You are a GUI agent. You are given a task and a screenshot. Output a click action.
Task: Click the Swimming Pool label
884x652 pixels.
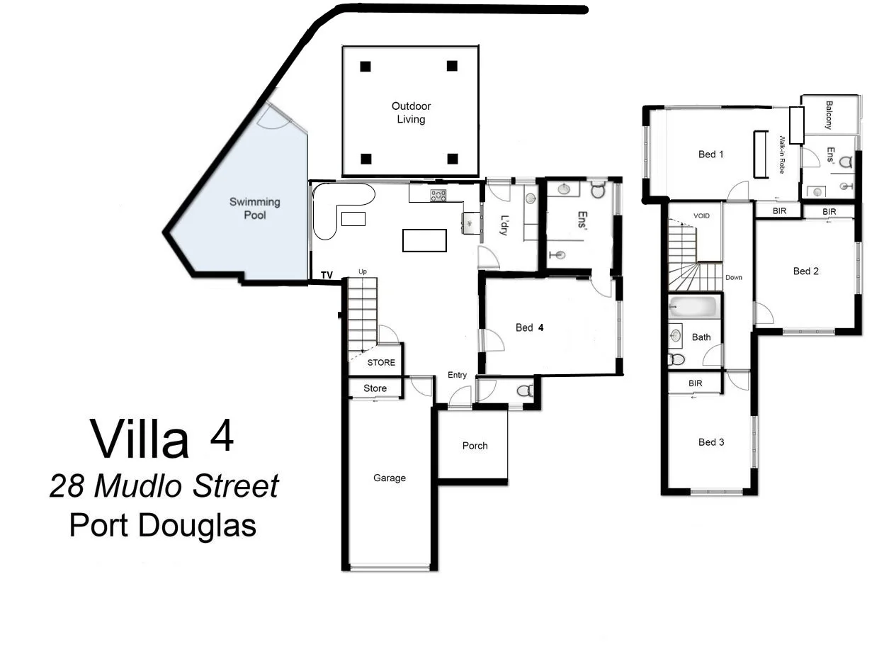click(x=254, y=208)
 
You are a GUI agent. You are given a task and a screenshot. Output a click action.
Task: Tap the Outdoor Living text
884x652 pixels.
click(x=411, y=113)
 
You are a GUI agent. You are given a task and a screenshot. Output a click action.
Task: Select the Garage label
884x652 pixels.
click(x=390, y=478)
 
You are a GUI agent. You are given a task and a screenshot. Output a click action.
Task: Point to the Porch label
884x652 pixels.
click(x=475, y=446)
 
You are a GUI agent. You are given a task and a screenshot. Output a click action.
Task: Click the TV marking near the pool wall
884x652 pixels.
click(x=327, y=275)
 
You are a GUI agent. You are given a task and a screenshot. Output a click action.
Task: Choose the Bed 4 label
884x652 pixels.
click(x=529, y=327)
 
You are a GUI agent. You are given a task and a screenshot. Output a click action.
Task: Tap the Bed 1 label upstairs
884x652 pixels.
click(x=710, y=154)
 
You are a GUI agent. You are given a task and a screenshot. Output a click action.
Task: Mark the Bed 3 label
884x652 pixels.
click(x=711, y=442)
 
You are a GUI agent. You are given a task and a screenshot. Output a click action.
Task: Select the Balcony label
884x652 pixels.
click(x=828, y=115)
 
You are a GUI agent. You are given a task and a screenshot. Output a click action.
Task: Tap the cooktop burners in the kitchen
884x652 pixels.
click(x=438, y=196)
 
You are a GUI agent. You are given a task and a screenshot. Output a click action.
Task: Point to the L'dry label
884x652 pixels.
click(x=504, y=225)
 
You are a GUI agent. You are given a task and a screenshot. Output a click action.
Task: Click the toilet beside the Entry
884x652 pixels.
click(x=525, y=390)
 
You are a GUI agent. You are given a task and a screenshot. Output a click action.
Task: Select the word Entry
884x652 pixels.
click(x=458, y=375)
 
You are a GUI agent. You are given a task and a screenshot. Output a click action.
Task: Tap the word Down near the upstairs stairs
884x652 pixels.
click(x=734, y=277)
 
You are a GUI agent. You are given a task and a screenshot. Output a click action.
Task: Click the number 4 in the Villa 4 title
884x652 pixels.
click(x=222, y=437)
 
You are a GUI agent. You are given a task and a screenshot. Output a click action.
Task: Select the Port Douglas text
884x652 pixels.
click(x=162, y=526)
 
